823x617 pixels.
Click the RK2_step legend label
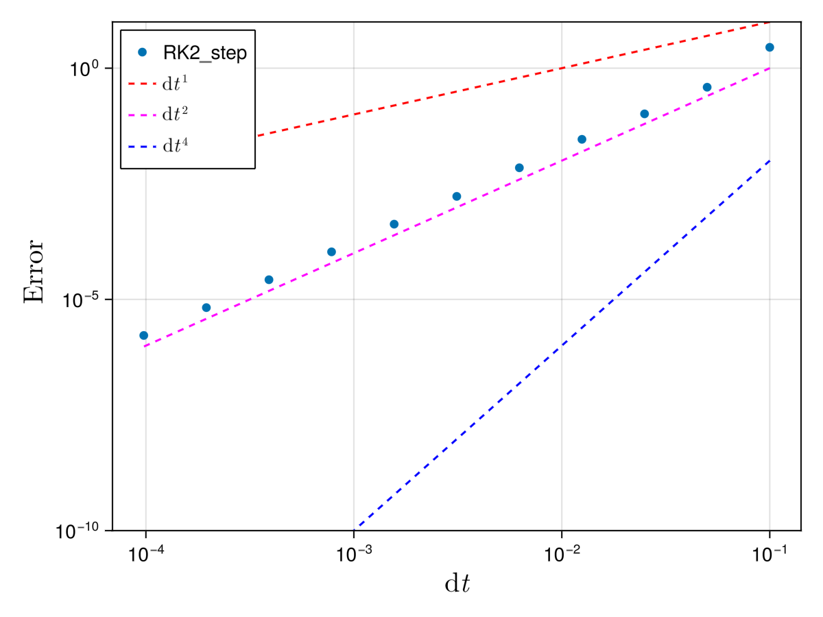click(x=204, y=53)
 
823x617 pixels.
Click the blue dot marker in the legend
click(x=143, y=52)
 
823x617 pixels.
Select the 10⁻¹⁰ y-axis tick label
click(x=82, y=531)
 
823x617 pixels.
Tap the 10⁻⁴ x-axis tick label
click(x=145, y=555)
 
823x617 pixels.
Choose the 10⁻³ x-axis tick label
click(x=353, y=555)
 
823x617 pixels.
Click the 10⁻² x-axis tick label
click(x=562, y=555)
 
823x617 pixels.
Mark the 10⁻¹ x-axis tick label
click(x=770, y=555)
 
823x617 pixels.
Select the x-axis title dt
click(x=457, y=584)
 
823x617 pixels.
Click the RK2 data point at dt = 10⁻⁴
click(x=143, y=335)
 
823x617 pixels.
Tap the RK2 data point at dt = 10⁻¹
click(x=770, y=47)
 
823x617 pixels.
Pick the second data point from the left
click(x=206, y=308)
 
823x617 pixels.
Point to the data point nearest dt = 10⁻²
click(x=582, y=139)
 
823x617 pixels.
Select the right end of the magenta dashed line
click(x=770, y=69)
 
